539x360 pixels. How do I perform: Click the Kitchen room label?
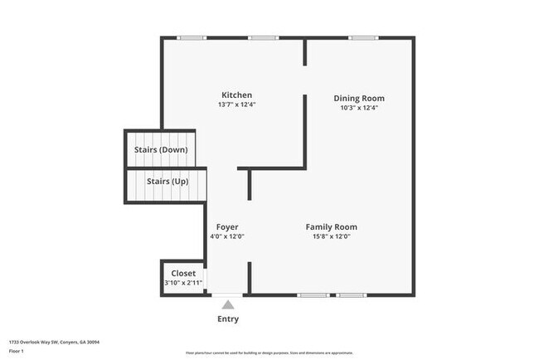point(236,95)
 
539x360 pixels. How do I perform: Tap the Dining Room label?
point(359,98)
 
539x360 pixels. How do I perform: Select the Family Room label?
point(331,226)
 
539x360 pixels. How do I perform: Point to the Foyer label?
point(227,226)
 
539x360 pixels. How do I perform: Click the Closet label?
point(183,273)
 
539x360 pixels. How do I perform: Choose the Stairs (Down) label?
point(161,149)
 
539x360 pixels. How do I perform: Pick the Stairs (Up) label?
point(167,180)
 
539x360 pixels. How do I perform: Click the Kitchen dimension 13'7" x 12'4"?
point(236,105)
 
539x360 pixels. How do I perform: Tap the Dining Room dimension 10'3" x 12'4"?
point(359,108)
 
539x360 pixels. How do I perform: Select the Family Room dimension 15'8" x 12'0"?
point(331,236)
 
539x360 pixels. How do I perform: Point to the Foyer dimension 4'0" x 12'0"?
point(227,236)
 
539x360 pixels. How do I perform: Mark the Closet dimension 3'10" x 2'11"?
point(183,283)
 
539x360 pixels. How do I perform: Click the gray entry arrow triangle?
point(228,304)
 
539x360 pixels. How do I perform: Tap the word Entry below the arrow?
point(228,319)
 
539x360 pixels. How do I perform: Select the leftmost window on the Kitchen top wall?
point(192,37)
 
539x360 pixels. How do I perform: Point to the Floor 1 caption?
point(17,352)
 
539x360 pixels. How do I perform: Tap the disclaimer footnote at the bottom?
point(269,353)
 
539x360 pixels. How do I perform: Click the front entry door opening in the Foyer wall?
point(228,294)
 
